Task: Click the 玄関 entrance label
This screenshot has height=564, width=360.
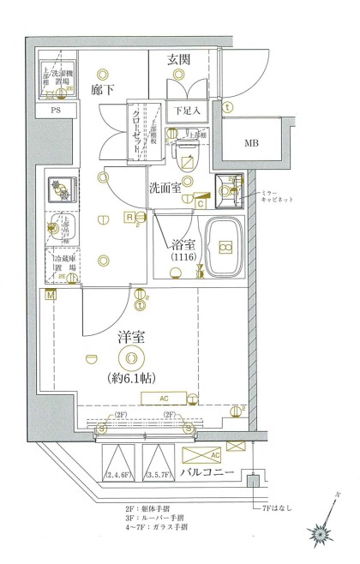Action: pyautogui.click(x=179, y=59)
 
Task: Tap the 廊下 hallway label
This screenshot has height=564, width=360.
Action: pyautogui.click(x=102, y=88)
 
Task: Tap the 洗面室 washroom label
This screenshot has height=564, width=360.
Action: pyautogui.click(x=165, y=188)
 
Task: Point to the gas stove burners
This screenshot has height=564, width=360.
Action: pyautogui.click(x=60, y=188)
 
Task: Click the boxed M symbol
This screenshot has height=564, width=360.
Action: pyautogui.click(x=51, y=296)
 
